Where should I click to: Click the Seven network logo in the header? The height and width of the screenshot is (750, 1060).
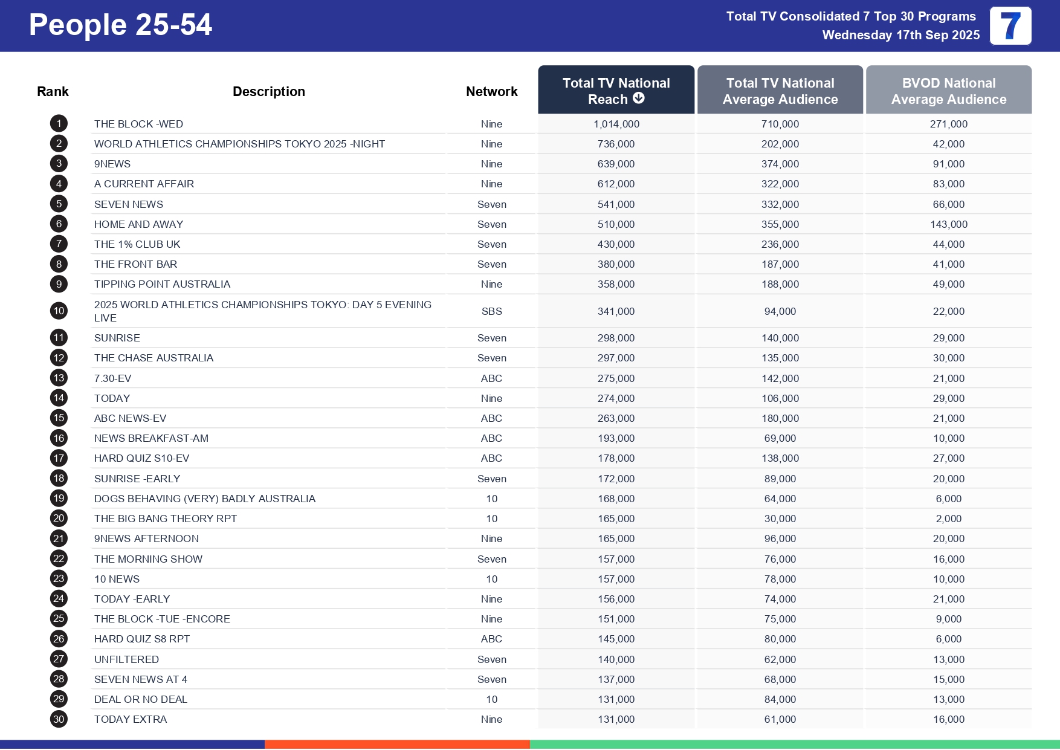click(1010, 25)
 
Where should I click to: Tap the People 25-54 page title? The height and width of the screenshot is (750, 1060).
click(120, 25)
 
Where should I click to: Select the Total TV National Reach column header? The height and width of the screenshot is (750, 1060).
click(616, 91)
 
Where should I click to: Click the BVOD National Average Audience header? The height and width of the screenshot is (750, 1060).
click(948, 91)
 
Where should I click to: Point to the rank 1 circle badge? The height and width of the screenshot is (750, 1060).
click(59, 123)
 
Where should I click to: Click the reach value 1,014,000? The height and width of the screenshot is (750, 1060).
click(616, 124)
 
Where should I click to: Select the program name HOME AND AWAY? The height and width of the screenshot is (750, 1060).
click(138, 224)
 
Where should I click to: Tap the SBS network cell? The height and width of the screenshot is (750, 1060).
click(491, 311)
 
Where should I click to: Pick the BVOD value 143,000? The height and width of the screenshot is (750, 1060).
click(948, 224)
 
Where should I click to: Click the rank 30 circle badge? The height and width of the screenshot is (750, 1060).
click(59, 719)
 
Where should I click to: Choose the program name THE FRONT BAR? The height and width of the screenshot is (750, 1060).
click(135, 264)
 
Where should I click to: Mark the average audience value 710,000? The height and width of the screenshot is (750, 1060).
click(780, 124)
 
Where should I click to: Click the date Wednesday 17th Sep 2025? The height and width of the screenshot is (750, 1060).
click(900, 35)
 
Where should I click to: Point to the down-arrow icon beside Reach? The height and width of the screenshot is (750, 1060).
click(639, 98)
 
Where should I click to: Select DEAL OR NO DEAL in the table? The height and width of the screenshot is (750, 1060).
click(140, 699)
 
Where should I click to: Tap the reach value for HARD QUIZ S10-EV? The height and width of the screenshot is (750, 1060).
click(616, 458)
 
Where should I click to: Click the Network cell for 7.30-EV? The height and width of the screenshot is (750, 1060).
click(491, 378)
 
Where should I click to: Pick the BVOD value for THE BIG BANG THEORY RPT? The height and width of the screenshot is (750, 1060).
click(948, 519)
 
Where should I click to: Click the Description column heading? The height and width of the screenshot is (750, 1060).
click(268, 91)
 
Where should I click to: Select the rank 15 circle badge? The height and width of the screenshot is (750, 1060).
click(59, 418)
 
